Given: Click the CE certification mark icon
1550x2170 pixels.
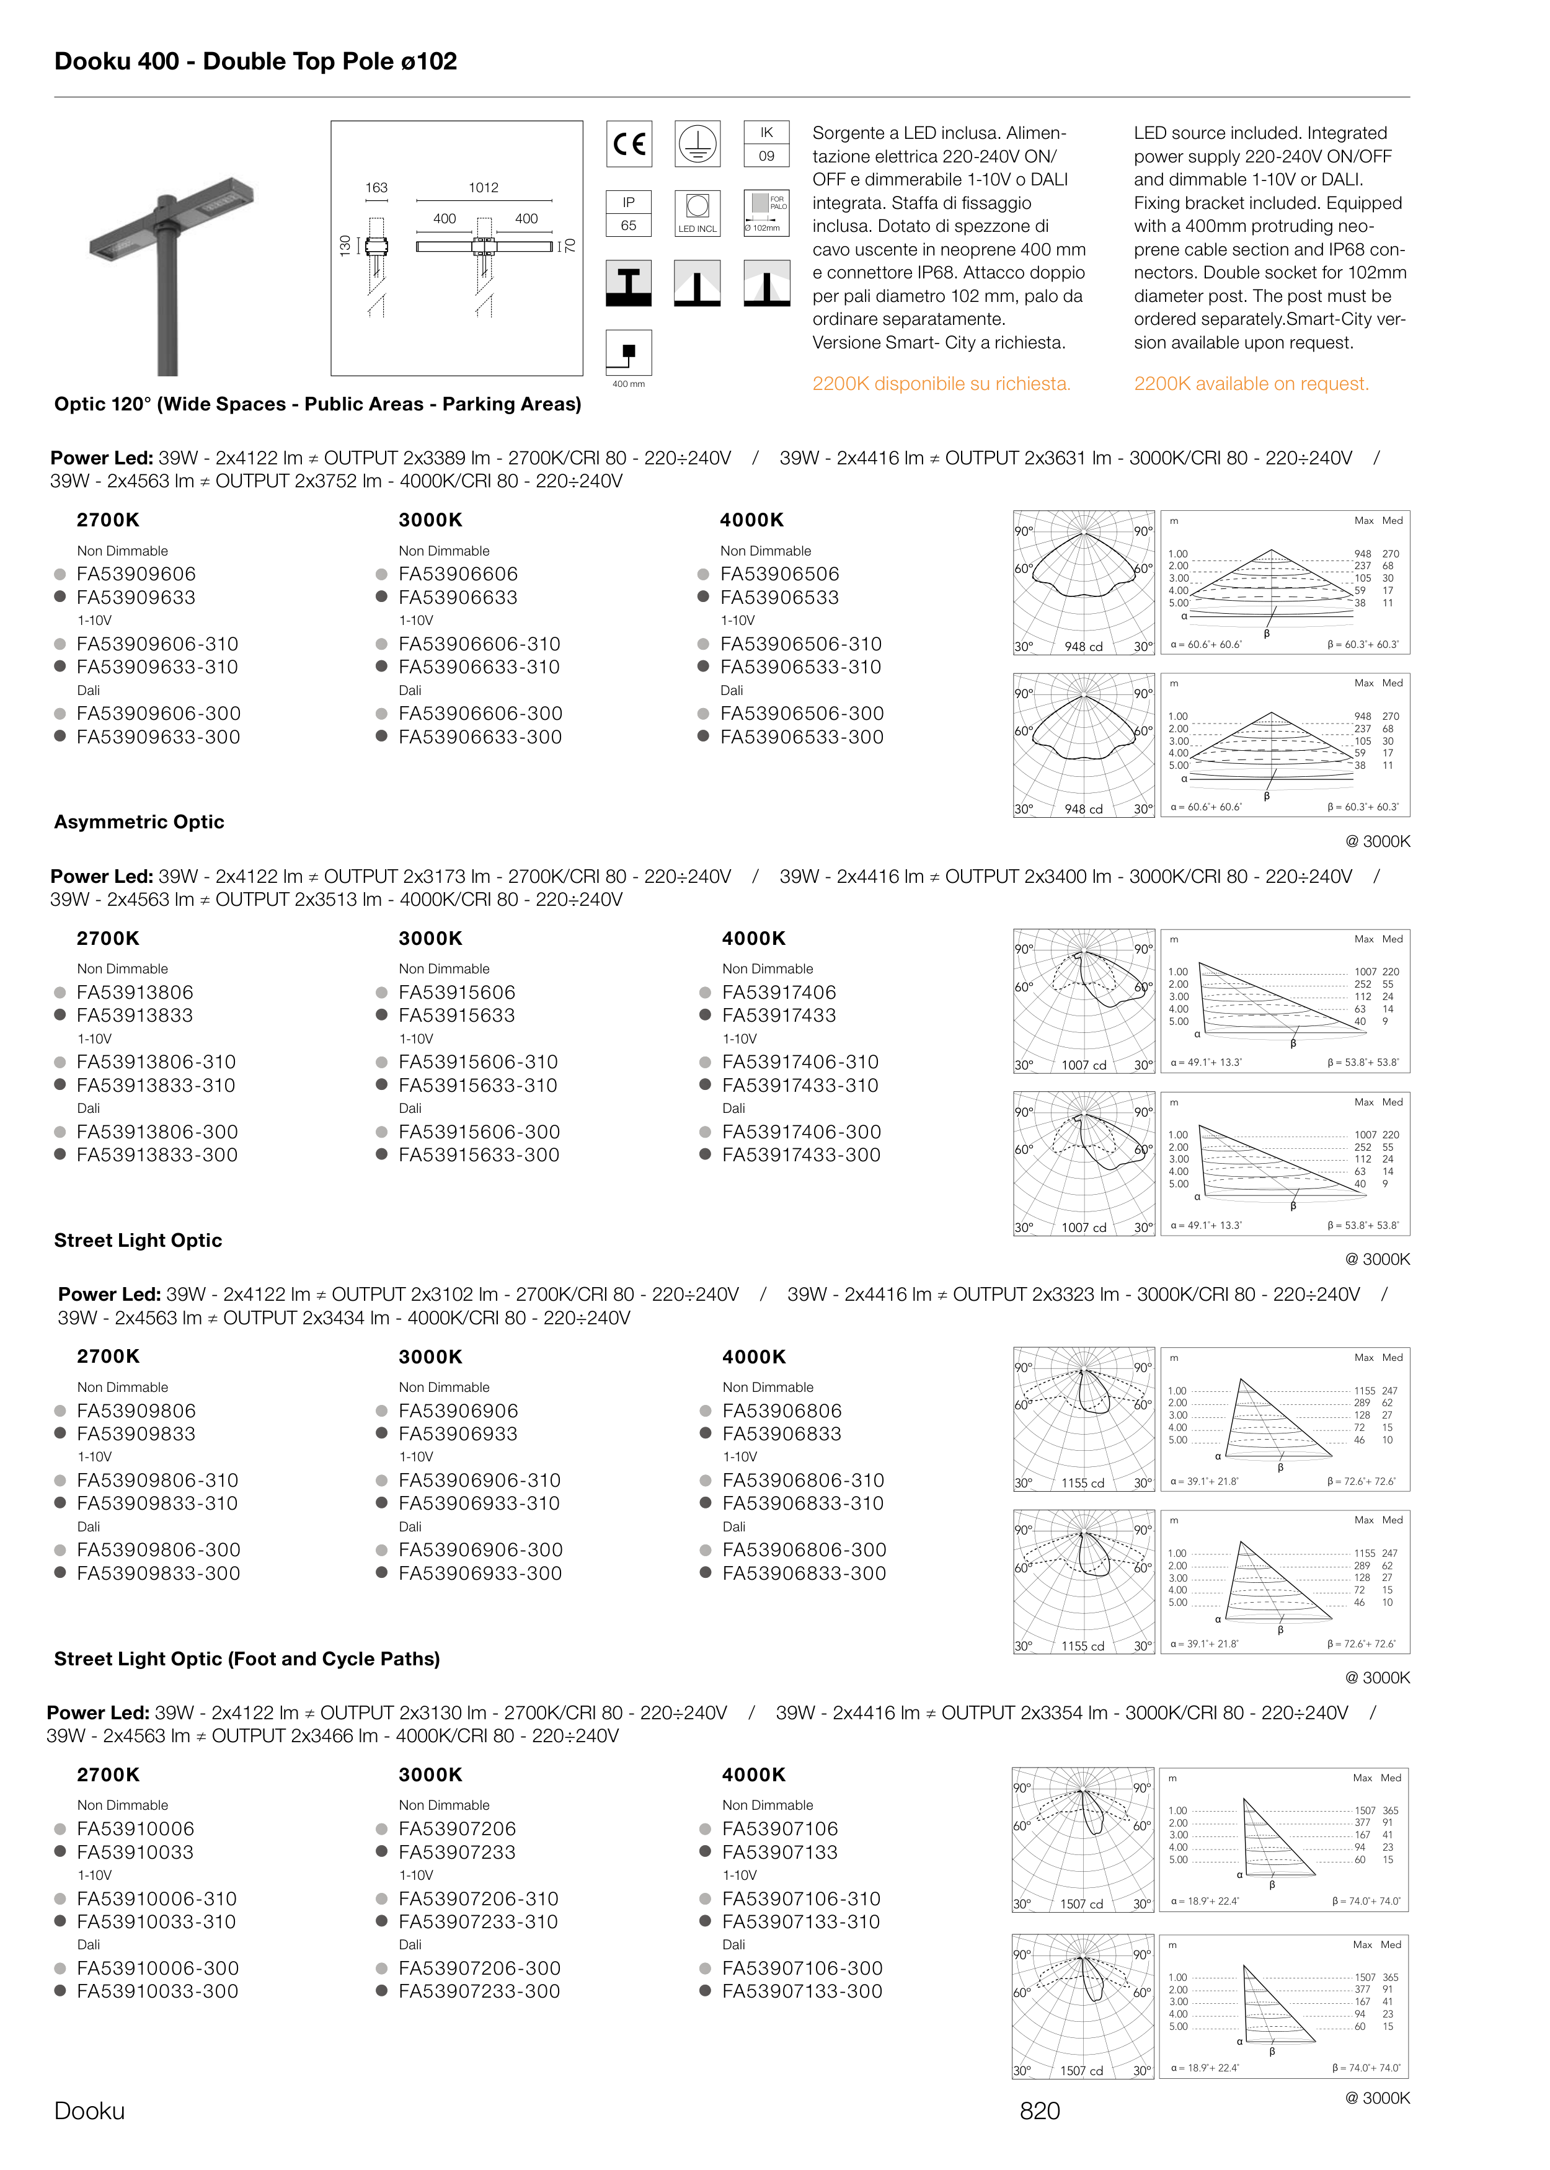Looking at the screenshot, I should (629, 144).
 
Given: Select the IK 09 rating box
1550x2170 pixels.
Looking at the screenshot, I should (766, 144).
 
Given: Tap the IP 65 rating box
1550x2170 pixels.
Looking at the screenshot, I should (628, 214).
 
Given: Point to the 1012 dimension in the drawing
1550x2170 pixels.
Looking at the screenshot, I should (483, 188).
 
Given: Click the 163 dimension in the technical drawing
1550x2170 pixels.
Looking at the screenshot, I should (376, 188).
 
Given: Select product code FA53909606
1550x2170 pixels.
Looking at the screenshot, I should (136, 573).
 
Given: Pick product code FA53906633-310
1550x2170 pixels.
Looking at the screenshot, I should (479, 667).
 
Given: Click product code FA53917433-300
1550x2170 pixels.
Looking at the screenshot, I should (801, 1154).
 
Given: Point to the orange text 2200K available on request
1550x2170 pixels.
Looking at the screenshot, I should (1251, 384).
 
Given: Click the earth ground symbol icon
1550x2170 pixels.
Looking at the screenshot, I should (697, 144).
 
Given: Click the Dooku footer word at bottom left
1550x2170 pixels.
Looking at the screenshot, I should (90, 2111).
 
